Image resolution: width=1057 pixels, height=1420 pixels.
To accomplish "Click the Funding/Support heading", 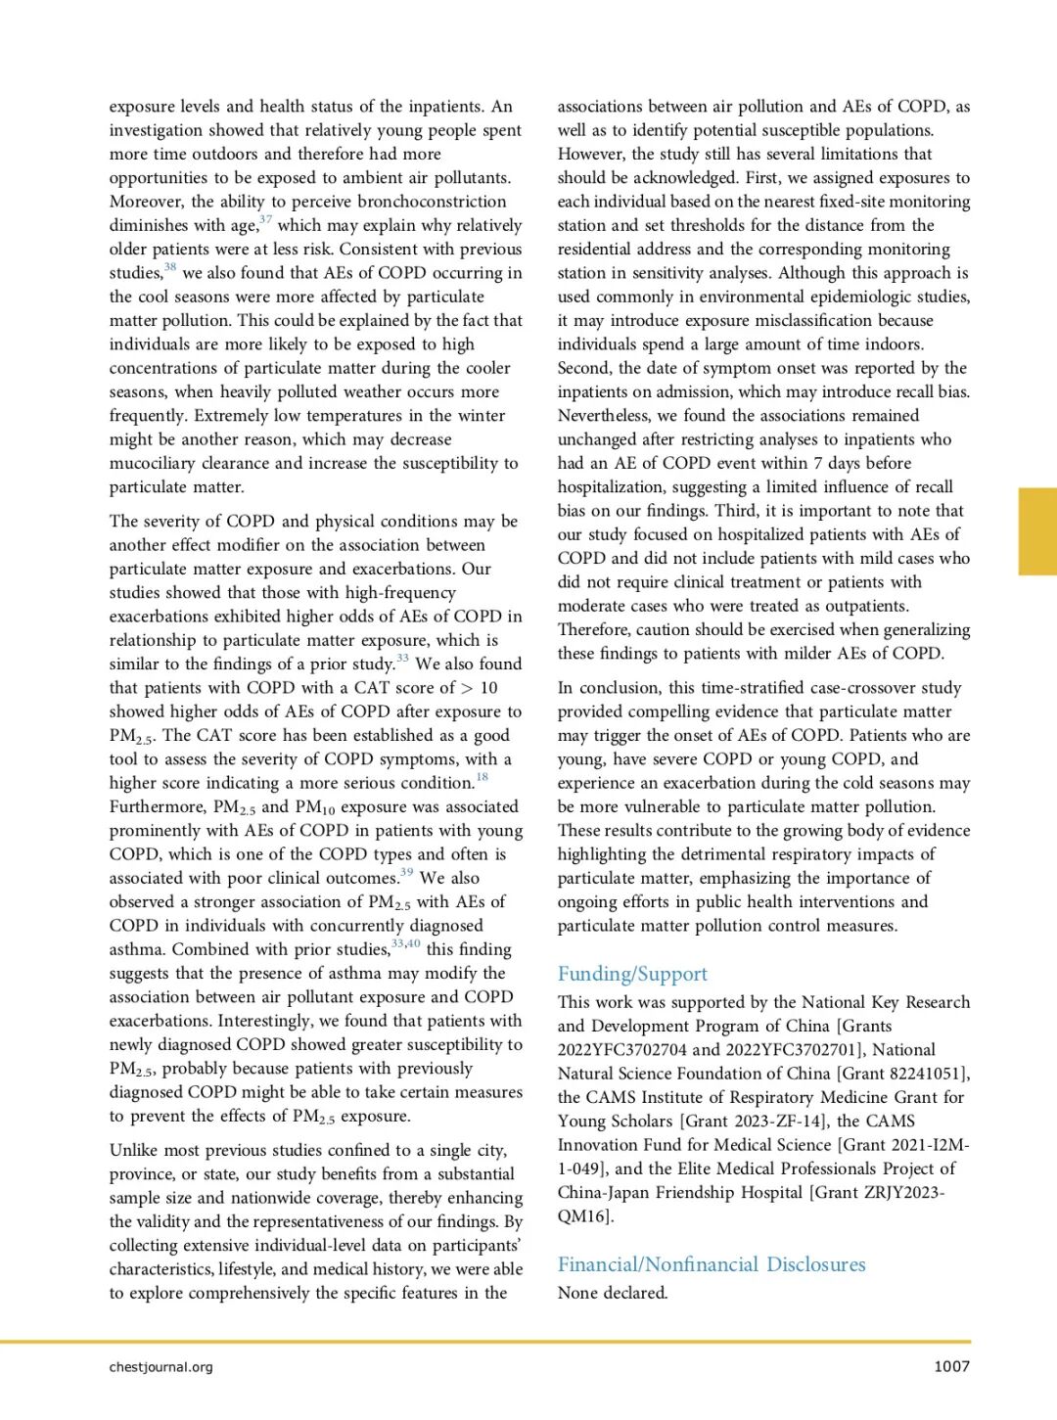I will (x=632, y=974).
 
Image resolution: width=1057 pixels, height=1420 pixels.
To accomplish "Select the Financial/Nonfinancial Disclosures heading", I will (x=712, y=1264).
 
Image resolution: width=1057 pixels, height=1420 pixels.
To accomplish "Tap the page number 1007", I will (x=951, y=1366).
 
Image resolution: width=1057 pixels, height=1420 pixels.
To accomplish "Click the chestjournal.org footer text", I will (x=161, y=1366).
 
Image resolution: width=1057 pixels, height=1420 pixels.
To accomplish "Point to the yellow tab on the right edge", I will (x=1037, y=530).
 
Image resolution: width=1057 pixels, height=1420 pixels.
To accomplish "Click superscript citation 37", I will (x=265, y=220).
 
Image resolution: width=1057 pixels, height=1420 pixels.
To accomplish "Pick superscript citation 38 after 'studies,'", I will (x=170, y=267).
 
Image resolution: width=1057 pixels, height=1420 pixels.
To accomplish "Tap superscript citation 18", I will (x=482, y=778).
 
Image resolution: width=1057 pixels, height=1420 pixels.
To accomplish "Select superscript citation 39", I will (x=406, y=873).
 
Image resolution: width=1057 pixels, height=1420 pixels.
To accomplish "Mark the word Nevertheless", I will (x=603, y=416).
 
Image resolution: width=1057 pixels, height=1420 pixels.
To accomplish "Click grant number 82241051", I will (x=925, y=1074).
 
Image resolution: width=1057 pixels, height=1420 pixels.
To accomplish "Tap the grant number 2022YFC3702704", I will (x=621, y=1050).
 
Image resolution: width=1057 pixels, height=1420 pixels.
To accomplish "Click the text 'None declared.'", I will (x=613, y=1293).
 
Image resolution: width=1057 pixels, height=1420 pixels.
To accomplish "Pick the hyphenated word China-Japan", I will (x=613, y=1193).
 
